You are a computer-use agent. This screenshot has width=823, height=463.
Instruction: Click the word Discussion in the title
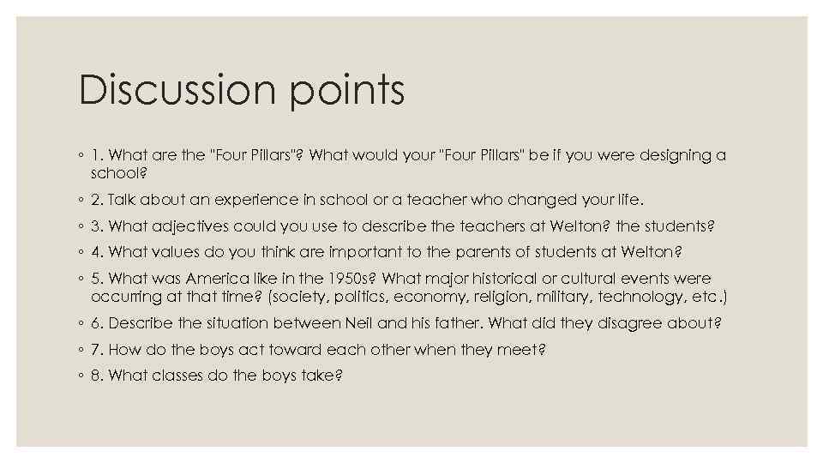tap(180, 91)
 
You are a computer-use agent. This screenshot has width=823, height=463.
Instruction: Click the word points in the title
tap(348, 91)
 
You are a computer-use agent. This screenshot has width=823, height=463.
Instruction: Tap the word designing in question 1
tap(670, 155)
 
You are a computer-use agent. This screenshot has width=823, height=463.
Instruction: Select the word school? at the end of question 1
tap(119, 172)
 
